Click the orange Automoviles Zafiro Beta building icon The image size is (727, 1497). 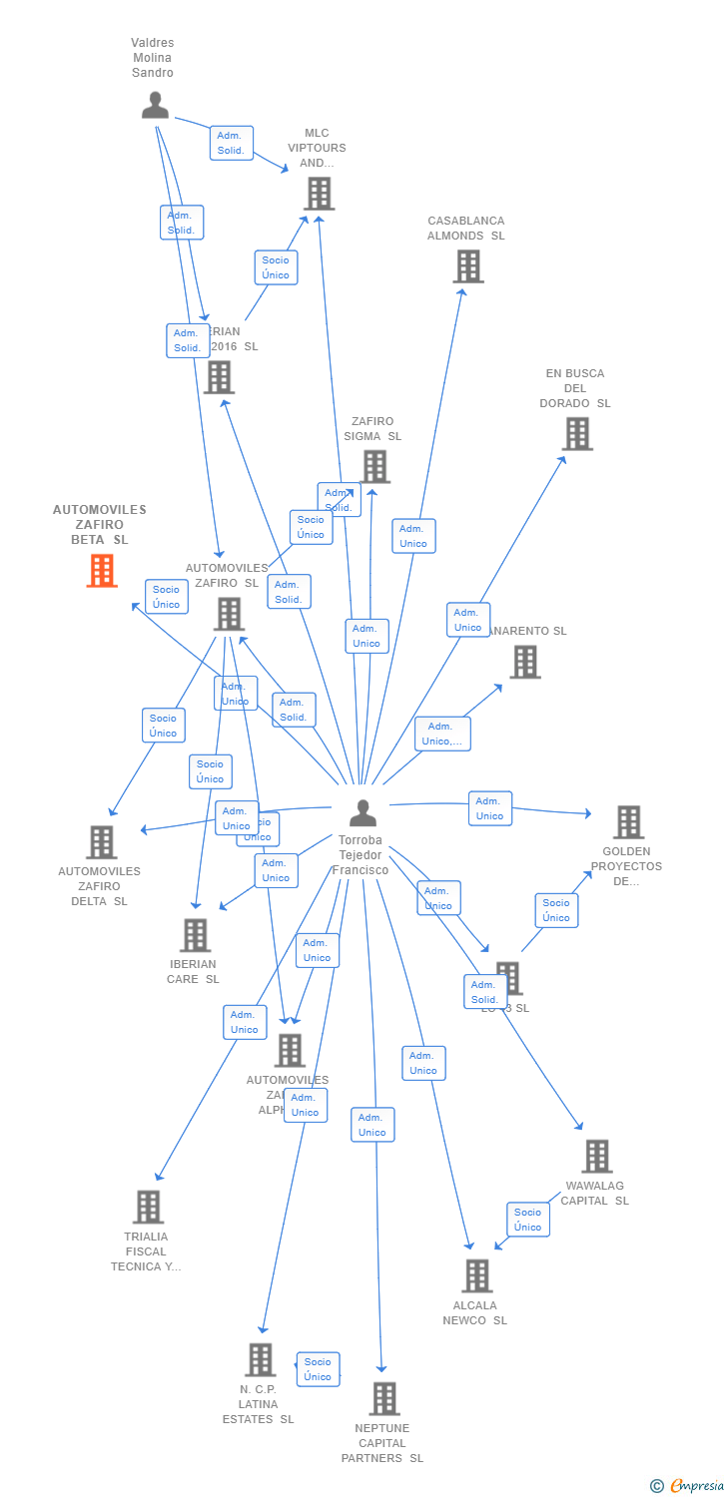pos(101,571)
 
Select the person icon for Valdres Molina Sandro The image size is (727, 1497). pos(155,105)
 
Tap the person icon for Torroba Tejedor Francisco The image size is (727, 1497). pos(363,812)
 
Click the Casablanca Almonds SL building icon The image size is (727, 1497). pos(467,266)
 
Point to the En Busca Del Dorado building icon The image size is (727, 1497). pos(577,434)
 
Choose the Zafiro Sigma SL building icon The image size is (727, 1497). pos(374,466)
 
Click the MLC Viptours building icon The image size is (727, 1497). pos(319,194)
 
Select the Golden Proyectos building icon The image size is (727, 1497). pos(628,822)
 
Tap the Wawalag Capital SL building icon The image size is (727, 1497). pos(596,1157)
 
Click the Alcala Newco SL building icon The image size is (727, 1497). pos(477,1275)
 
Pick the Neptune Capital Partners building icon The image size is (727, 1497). pos(383,1399)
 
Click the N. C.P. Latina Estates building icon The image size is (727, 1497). pos(260,1359)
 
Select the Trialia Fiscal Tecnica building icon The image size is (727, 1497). pos(148,1207)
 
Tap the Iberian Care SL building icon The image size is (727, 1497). pos(195,935)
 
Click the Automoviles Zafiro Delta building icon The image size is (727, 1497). pos(101,842)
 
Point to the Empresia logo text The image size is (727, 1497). pos(695,1486)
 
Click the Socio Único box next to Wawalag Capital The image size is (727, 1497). pos(528,1220)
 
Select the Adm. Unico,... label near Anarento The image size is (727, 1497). pos(442,734)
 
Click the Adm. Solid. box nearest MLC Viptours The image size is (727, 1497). pos(231,143)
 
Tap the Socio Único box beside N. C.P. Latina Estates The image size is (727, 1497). pos(318,1369)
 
